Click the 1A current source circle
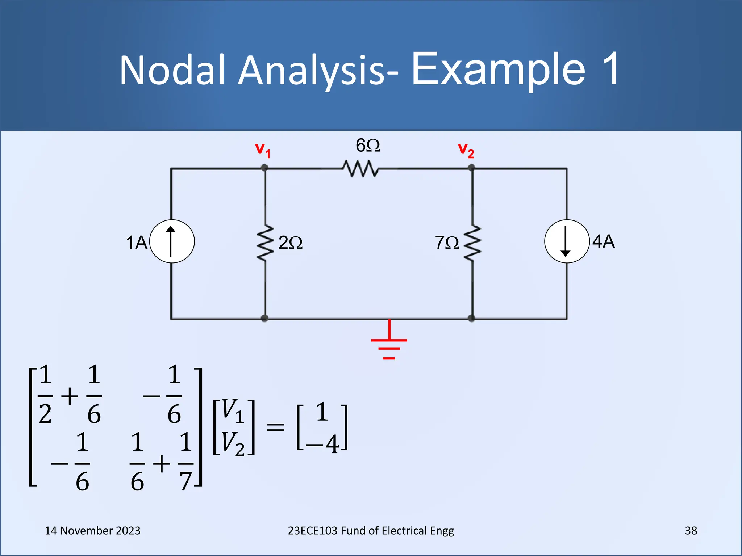pos(172,241)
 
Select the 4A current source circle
pos(567,241)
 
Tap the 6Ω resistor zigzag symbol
pos(360,169)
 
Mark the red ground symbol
pos(389,344)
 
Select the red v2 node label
pos(466,150)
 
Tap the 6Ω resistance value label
pos(368,146)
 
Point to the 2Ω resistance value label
pos(290,243)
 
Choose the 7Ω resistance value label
pos(447,243)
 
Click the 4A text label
pos(604,241)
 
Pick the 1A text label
pos(137,243)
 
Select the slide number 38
pos(691,531)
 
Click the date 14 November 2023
pos(92,531)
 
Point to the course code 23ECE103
pos(313,531)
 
